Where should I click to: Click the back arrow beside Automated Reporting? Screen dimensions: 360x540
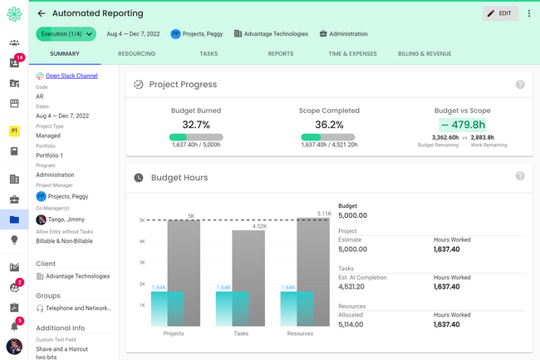click(x=42, y=13)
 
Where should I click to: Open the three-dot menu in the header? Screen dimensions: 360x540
click(x=529, y=13)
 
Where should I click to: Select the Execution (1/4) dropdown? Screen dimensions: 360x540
click(x=66, y=34)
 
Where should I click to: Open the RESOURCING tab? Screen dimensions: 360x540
click(x=136, y=53)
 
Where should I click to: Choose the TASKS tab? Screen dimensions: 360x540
click(x=209, y=53)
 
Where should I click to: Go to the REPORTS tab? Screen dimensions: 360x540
click(x=280, y=53)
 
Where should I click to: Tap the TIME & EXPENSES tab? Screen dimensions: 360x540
click(x=353, y=53)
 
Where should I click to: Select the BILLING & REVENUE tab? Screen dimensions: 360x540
click(x=425, y=53)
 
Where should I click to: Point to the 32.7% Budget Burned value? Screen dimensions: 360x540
click(x=195, y=124)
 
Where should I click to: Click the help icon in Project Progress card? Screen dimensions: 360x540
click(x=520, y=85)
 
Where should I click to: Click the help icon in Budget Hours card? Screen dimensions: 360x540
click(x=520, y=176)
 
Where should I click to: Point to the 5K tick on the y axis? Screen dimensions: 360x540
click(x=142, y=220)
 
